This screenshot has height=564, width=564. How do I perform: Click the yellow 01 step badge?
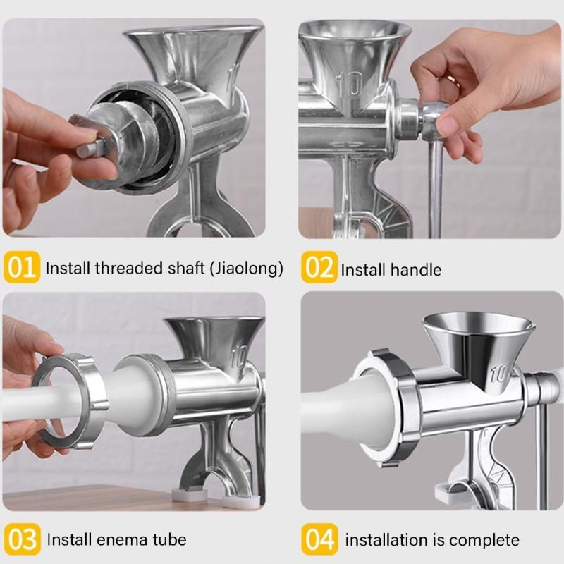click(x=23, y=269)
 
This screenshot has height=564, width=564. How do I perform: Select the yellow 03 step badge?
click(x=23, y=539)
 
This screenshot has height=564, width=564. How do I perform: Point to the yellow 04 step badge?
click(x=320, y=540)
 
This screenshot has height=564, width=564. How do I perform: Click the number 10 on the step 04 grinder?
click(x=499, y=373)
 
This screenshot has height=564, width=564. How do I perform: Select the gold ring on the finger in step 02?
click(x=455, y=82)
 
